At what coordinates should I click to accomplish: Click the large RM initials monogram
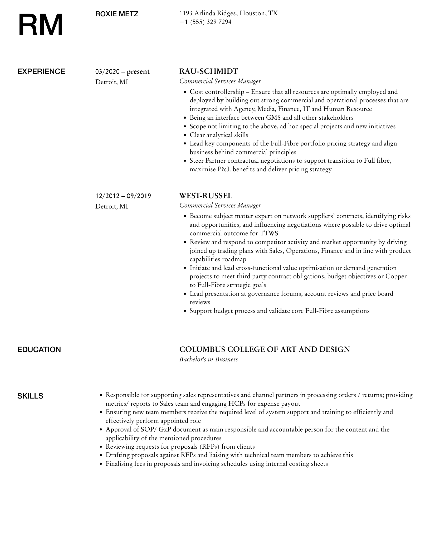41,25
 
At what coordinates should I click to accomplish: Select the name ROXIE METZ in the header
117,14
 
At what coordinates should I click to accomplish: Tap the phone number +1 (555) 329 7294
205,22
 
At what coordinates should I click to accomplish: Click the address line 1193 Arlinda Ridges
228,13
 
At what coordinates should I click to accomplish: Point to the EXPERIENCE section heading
41,71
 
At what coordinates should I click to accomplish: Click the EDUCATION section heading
39,350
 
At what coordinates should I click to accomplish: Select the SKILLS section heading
30,396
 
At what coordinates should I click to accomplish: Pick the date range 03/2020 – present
122,72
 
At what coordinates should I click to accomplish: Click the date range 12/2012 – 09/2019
123,196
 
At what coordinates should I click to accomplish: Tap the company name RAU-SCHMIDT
208,71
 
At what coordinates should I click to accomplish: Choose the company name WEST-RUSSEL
206,196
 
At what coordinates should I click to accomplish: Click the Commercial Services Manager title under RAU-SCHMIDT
220,81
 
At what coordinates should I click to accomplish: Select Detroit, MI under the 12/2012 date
112,206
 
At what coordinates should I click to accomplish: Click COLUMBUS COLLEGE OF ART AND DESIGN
265,349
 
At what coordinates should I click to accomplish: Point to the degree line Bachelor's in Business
208,359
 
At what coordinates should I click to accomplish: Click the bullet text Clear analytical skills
219,135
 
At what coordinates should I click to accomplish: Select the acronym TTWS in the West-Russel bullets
269,233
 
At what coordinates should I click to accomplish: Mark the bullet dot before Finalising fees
101,464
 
